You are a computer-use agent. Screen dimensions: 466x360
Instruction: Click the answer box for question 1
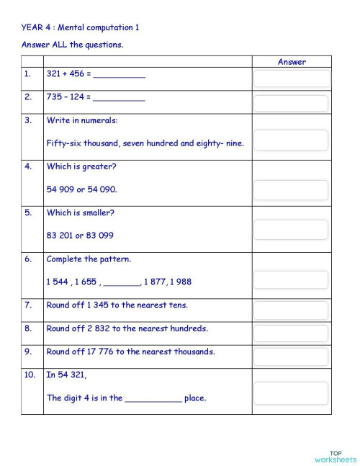point(291,79)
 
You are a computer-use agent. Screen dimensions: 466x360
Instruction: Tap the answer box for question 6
point(291,280)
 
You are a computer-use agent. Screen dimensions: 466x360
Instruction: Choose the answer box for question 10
point(291,393)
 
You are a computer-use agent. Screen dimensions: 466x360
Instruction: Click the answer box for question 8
point(291,333)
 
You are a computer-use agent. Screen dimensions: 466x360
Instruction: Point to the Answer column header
point(292,62)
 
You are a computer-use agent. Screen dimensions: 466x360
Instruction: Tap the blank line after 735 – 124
point(119,98)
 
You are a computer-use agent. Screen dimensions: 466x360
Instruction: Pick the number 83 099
point(100,236)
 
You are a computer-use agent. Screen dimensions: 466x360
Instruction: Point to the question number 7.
point(27,305)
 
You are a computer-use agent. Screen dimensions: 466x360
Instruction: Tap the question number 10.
point(30,375)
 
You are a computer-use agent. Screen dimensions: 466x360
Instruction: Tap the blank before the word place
point(153,398)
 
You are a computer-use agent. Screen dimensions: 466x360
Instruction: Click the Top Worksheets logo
point(335,456)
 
